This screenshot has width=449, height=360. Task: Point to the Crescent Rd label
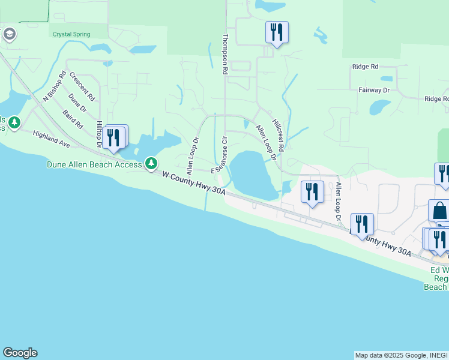(x=82, y=86)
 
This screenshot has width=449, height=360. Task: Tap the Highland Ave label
(x=52, y=140)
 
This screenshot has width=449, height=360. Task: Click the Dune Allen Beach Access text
(x=94, y=164)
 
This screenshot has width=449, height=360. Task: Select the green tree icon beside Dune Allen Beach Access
(x=152, y=163)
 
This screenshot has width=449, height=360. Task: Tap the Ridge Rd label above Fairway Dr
(x=366, y=67)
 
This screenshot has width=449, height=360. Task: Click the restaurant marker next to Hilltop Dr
(x=113, y=137)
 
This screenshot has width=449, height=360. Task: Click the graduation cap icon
(x=8, y=34)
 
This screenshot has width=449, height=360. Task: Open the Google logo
(x=20, y=353)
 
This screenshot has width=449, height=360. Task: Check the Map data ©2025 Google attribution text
(x=401, y=355)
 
